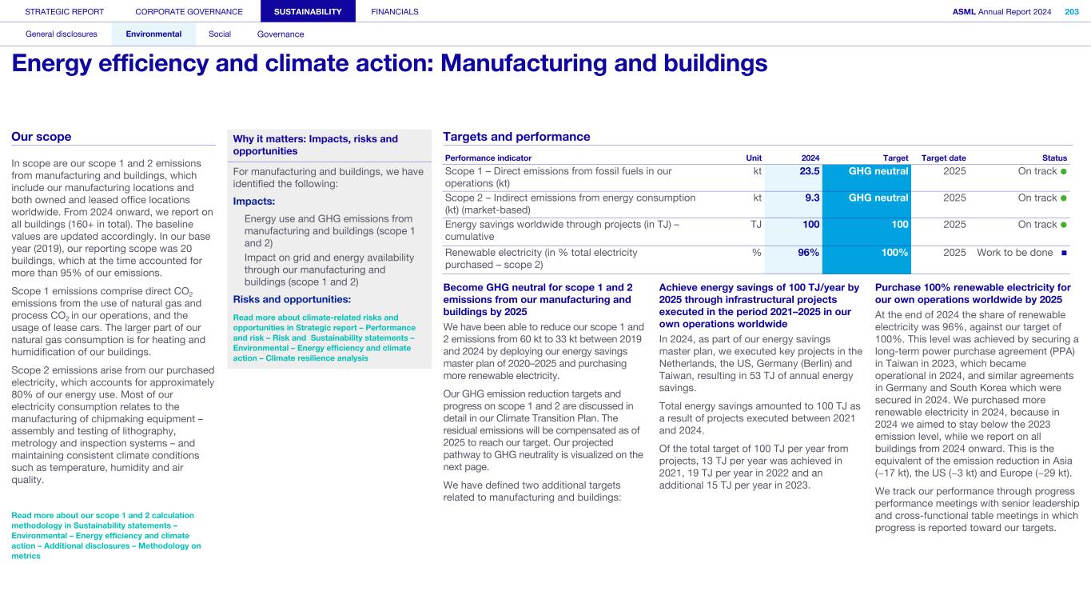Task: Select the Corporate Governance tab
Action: tap(189, 11)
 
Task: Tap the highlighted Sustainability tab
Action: tap(308, 11)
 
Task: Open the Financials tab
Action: tap(395, 11)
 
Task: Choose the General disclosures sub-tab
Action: tap(62, 34)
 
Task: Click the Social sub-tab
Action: tap(220, 34)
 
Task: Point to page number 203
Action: tap(1071, 11)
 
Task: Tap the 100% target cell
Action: tap(895, 253)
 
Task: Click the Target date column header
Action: tap(943, 158)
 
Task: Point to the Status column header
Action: tap(1055, 158)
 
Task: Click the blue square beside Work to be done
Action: tap(1065, 254)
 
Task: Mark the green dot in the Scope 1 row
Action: tap(1064, 172)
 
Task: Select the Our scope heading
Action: tap(42, 137)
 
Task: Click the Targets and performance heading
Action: tap(516, 137)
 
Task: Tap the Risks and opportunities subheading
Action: tap(292, 299)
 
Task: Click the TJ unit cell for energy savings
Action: tap(755, 225)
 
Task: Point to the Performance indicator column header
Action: tap(488, 158)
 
